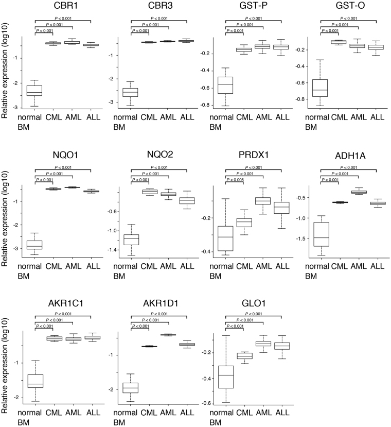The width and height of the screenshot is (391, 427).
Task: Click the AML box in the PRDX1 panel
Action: click(x=263, y=200)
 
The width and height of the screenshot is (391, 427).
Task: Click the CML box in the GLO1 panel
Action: click(x=244, y=355)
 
